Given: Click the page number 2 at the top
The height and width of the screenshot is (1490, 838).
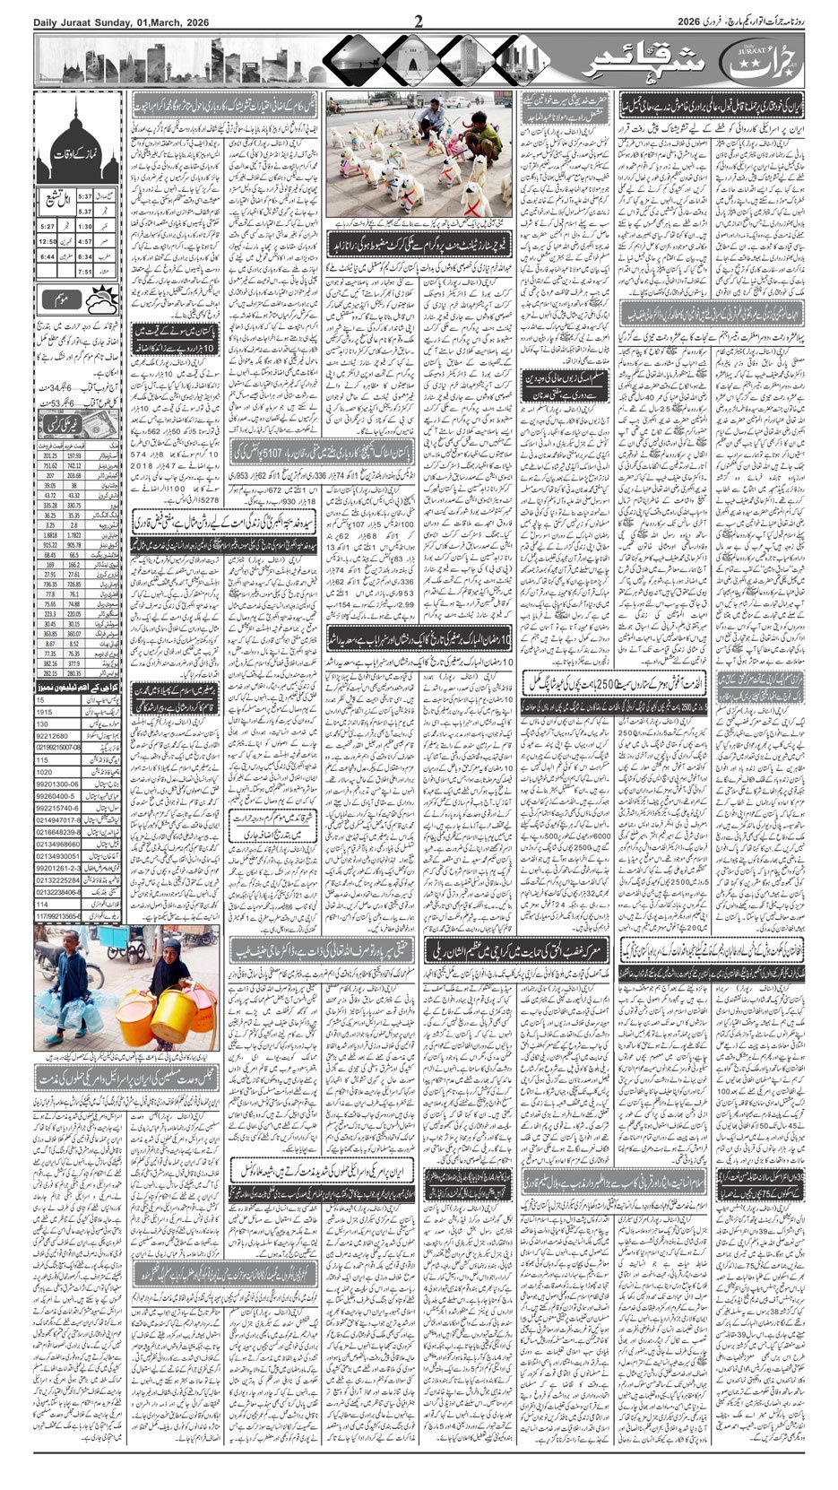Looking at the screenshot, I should tap(419, 22).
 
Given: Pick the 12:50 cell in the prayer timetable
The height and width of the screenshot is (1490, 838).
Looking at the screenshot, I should tap(48, 241).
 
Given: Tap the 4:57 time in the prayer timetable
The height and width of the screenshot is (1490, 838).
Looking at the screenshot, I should tap(84, 241).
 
